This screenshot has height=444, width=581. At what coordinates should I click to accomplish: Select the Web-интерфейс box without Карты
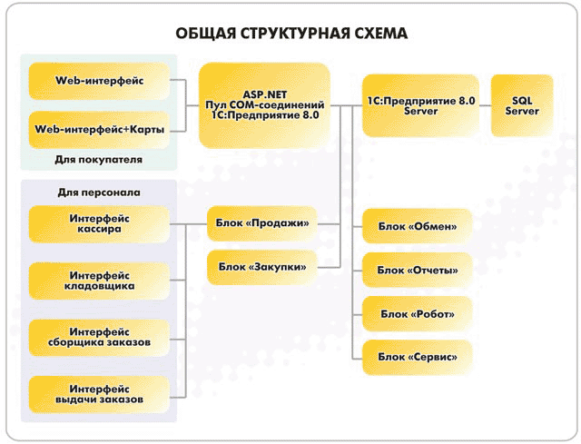pyautogui.click(x=99, y=81)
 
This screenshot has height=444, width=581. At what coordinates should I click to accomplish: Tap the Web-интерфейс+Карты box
pyautogui.click(x=99, y=130)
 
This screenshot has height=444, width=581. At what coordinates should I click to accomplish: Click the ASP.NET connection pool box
pyautogui.click(x=264, y=105)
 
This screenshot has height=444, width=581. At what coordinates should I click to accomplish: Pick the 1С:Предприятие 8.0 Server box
pyautogui.click(x=420, y=105)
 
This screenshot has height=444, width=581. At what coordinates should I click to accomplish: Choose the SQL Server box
pyautogui.click(x=522, y=105)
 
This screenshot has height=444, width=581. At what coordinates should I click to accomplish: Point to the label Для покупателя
pyautogui.click(x=99, y=160)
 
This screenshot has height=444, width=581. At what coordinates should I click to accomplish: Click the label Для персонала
pyautogui.click(x=99, y=192)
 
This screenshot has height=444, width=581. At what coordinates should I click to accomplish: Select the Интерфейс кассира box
pyautogui.click(x=99, y=224)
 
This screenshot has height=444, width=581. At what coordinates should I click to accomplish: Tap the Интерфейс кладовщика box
pyautogui.click(x=99, y=281)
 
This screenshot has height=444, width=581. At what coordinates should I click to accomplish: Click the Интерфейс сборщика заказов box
pyautogui.click(x=99, y=338)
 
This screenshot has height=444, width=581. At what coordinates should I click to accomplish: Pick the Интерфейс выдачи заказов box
pyautogui.click(x=99, y=394)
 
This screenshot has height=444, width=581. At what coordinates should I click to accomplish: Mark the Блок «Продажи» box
pyautogui.click(x=262, y=223)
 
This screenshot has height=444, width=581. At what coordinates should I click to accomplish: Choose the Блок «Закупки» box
pyautogui.click(x=262, y=267)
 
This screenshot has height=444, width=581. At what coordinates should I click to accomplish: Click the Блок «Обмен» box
pyautogui.click(x=418, y=226)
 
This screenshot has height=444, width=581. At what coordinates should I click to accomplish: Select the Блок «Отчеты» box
pyautogui.click(x=418, y=270)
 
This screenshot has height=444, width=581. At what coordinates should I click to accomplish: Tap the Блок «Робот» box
pyautogui.click(x=418, y=314)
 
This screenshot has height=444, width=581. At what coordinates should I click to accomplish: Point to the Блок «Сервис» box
pyautogui.click(x=418, y=357)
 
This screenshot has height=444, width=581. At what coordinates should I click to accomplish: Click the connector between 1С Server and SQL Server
pyautogui.click(x=485, y=105)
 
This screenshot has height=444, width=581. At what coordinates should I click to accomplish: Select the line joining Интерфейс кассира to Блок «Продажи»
pyautogui.click(x=188, y=224)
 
